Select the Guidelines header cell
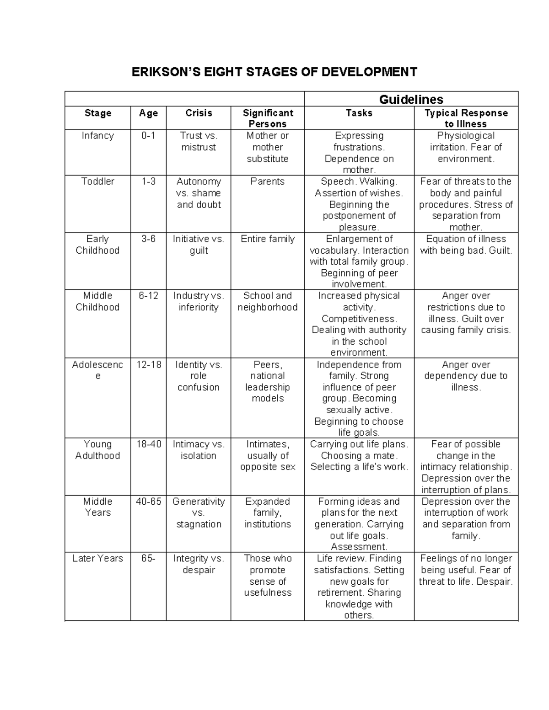[x=411, y=99]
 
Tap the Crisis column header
[x=199, y=113]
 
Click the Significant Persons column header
[x=268, y=118]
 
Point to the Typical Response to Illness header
[x=466, y=118]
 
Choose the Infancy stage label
[x=97, y=136]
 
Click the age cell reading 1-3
[x=148, y=182]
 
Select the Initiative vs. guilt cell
[x=199, y=245]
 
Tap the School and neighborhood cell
[x=268, y=301]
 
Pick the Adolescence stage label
[x=97, y=370]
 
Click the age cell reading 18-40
[x=148, y=444]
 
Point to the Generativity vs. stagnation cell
[x=199, y=512]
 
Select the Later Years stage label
[x=97, y=558]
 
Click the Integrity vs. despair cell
[x=199, y=564]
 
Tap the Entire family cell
[x=268, y=239]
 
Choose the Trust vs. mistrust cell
[x=199, y=141]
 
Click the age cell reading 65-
[x=148, y=558]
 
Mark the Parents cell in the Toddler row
[x=268, y=182]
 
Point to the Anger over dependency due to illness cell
[x=466, y=376]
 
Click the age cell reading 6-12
[x=148, y=296]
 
